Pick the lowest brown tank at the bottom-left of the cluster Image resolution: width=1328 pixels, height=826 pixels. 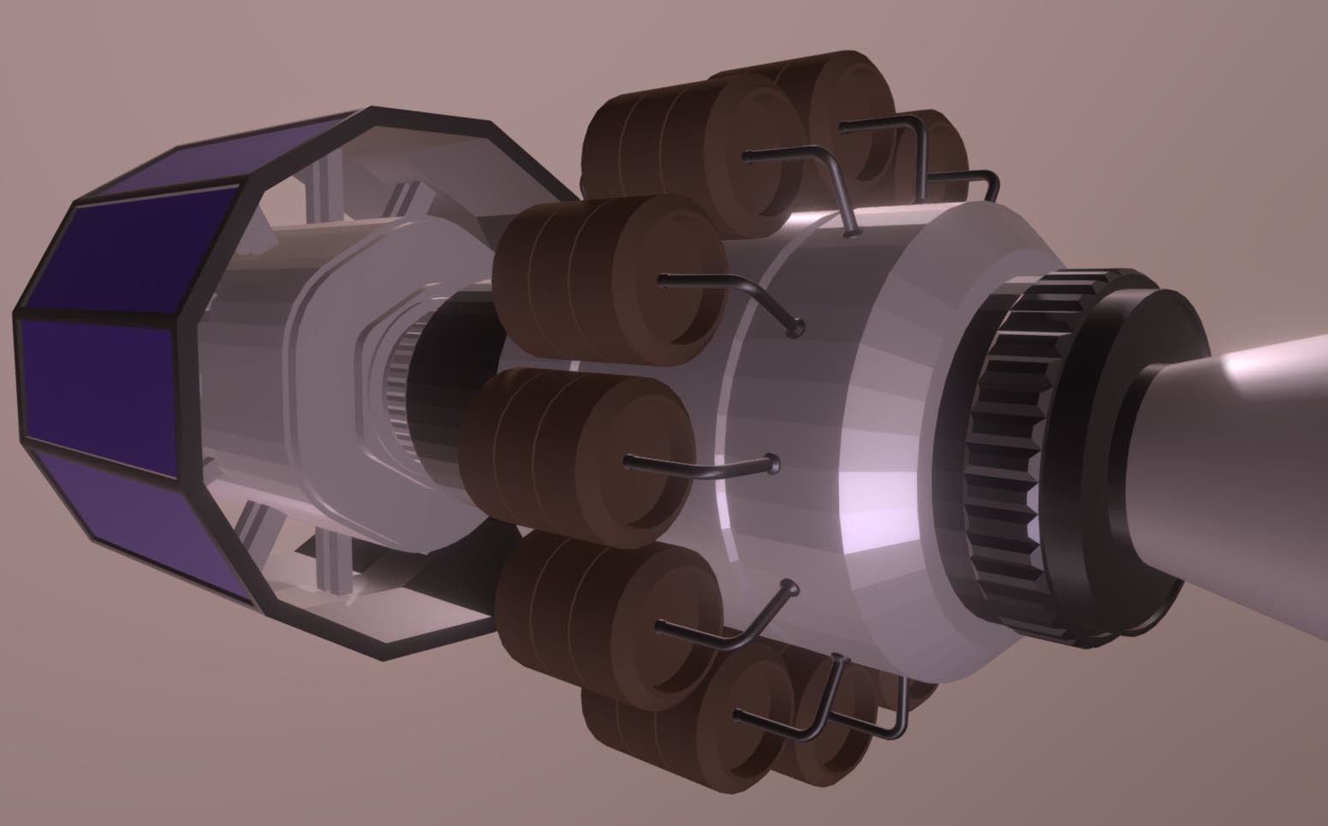pos(651,736)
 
